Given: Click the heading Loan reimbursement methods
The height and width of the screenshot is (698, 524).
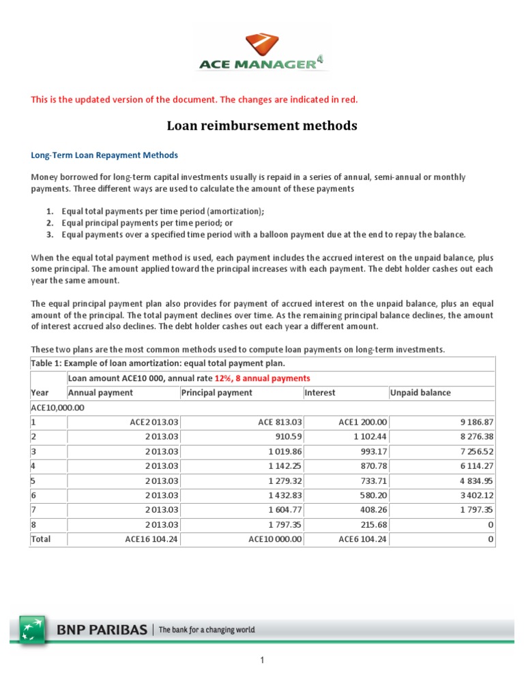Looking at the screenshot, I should [262, 126].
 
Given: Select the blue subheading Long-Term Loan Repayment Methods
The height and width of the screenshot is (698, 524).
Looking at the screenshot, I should [104, 155].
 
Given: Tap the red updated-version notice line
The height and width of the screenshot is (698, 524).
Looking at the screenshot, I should [194, 100].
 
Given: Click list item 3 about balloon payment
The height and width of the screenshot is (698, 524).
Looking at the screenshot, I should [263, 234].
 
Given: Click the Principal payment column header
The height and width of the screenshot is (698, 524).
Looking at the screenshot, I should [217, 393].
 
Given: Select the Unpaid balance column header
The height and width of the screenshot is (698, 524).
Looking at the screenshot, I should [420, 393].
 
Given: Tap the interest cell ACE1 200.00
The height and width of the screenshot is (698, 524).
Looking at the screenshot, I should [363, 422].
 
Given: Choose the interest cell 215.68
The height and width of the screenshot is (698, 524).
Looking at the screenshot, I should [372, 524].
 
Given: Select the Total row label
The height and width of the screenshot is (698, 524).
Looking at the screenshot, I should [41, 539].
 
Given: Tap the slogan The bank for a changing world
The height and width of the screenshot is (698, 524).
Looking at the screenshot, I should [207, 631].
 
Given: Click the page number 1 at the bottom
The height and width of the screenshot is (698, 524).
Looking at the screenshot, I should [261, 661].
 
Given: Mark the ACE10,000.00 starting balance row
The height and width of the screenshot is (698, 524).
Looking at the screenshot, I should [57, 407].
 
